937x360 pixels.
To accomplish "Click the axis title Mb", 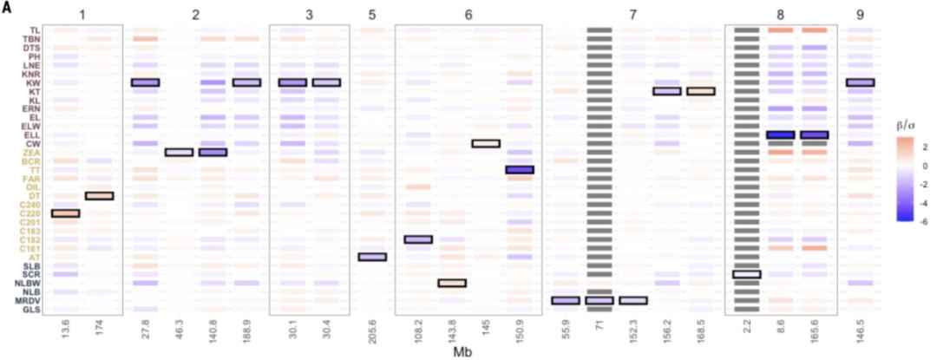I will coord(463,353).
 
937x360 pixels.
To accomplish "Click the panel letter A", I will coord(7,7).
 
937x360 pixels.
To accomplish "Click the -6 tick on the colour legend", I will coord(922,218).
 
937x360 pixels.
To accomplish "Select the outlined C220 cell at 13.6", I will coord(66,213).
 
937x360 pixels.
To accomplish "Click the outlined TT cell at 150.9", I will coord(519,170).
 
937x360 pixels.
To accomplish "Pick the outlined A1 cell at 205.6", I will coord(372,257).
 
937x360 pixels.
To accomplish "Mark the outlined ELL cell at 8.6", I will coord(781,135).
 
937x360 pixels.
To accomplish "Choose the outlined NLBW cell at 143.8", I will coord(452,283).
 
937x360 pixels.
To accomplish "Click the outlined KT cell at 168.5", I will coord(700,91).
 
